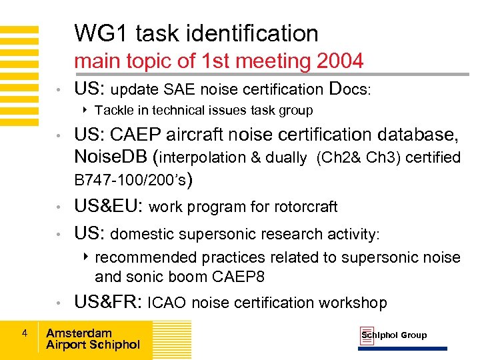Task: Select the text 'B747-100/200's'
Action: point(131,179)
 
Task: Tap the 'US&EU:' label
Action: point(109,207)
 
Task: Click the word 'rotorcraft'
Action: point(304,207)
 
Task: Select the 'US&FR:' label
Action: point(108,303)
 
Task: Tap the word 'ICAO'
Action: point(167,303)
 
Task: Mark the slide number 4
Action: point(23,333)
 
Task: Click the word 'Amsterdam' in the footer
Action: point(79,333)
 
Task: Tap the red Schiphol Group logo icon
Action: point(367,335)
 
